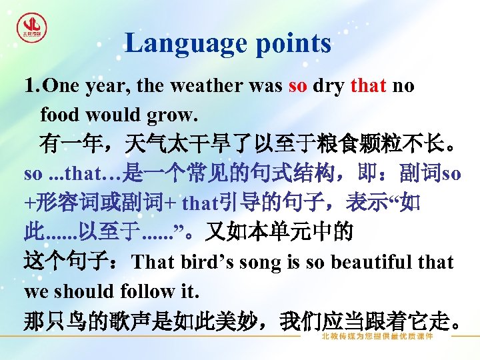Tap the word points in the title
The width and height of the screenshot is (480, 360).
click(291, 43)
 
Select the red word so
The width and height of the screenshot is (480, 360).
click(297, 86)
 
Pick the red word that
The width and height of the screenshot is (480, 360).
click(367, 86)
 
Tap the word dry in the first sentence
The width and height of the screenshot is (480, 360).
click(328, 86)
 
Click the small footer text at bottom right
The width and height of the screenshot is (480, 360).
click(377, 337)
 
